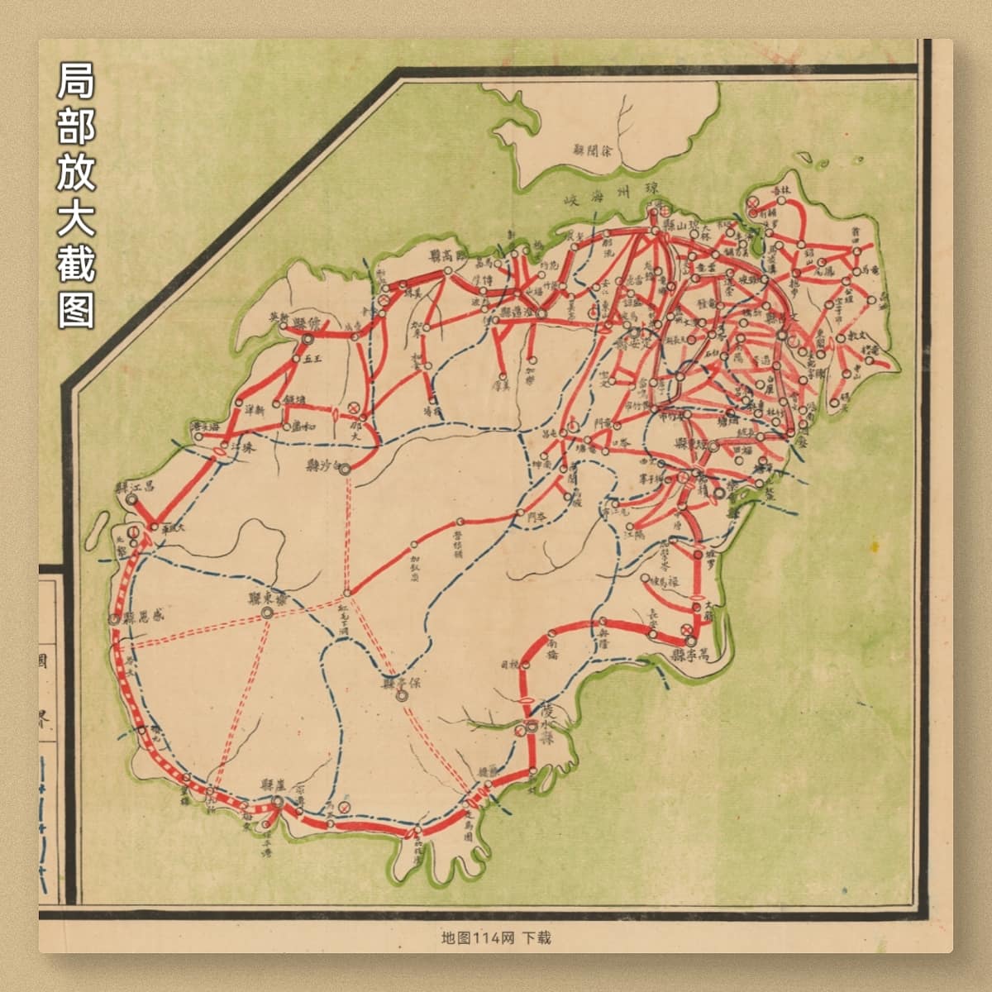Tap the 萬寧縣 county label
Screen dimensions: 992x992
(692, 656)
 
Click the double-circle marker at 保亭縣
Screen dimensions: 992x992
(402, 696)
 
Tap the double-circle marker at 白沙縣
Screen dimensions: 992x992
(344, 469)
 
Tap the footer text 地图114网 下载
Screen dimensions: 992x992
(496, 937)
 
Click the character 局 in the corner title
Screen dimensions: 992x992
(76, 81)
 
